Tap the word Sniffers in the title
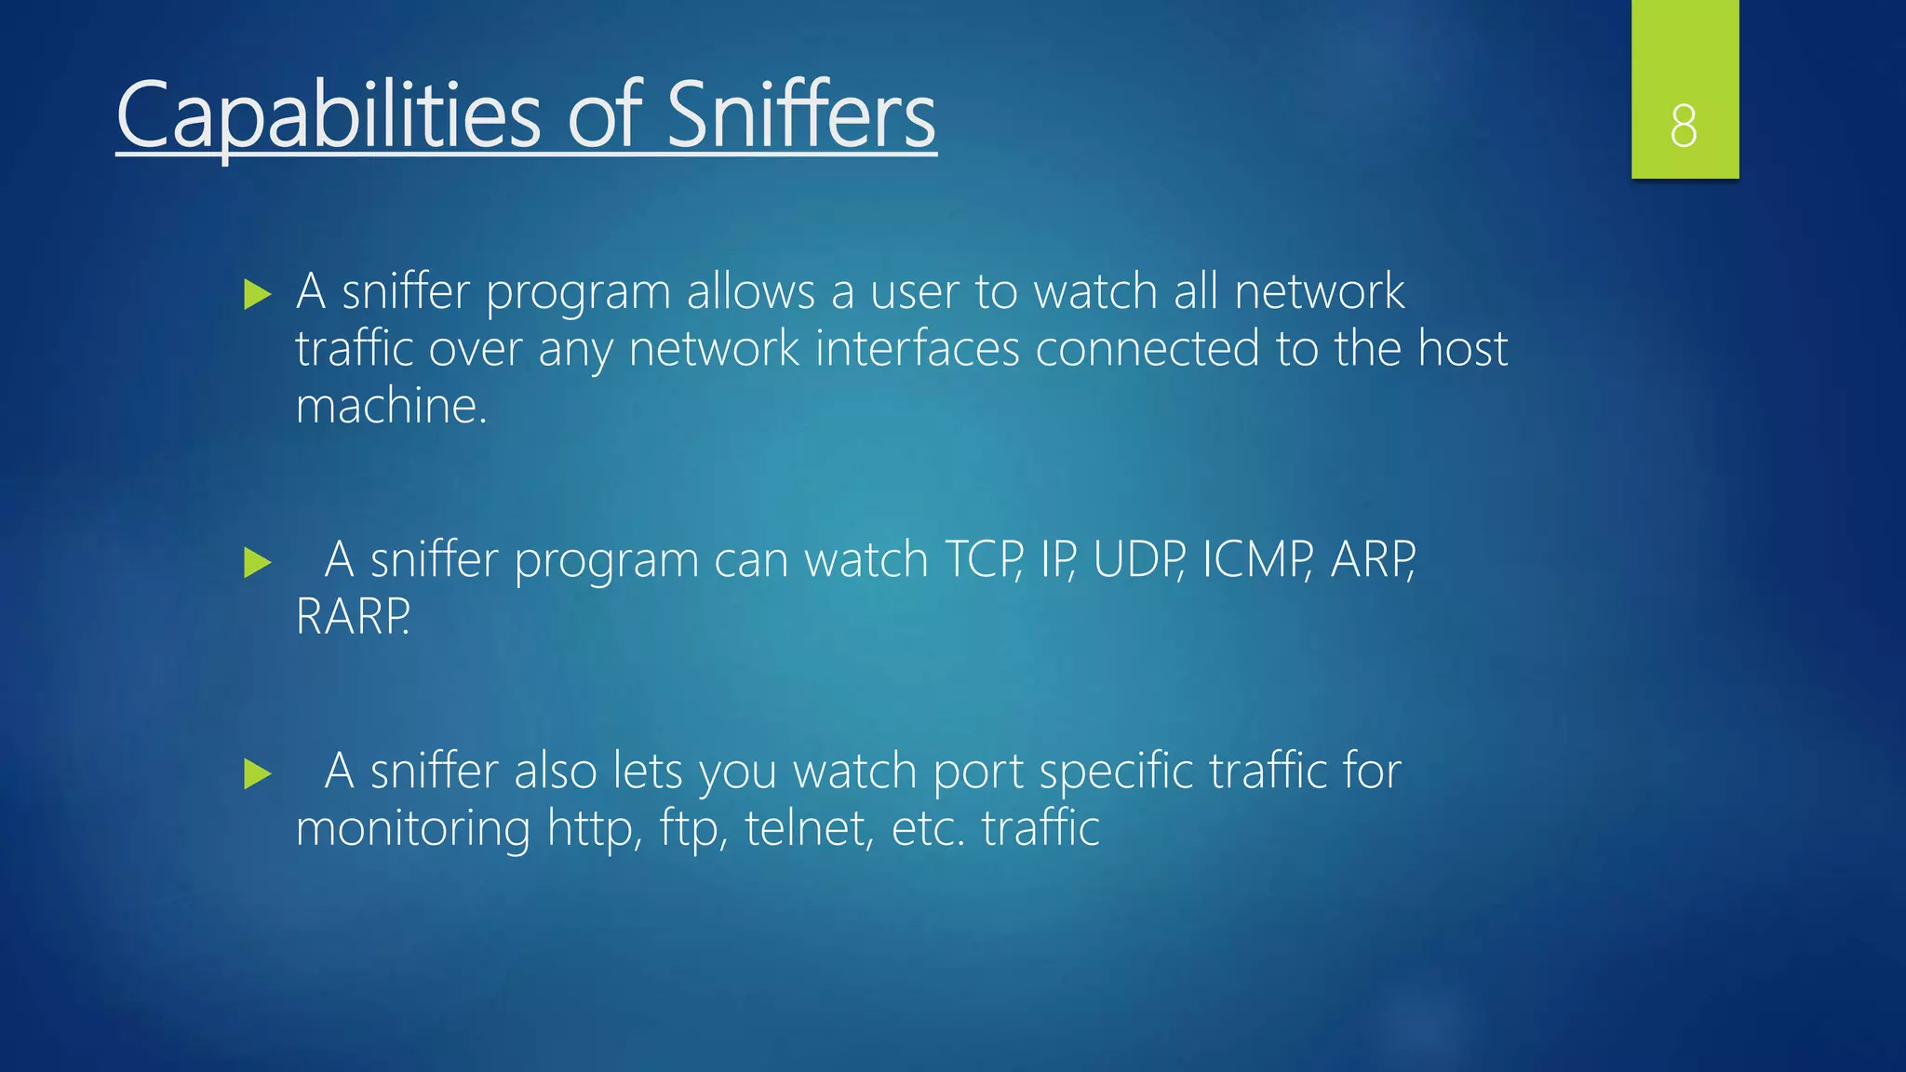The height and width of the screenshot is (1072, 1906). [x=800, y=115]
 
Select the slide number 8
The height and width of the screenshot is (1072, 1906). [x=1684, y=126]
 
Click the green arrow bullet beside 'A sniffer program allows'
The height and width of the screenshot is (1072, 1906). [x=257, y=295]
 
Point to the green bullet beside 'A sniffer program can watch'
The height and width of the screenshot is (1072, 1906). [x=257, y=562]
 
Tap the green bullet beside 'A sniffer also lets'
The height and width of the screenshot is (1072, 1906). [x=257, y=773]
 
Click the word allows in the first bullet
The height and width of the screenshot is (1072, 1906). [x=750, y=292]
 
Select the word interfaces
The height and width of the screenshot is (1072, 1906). [x=917, y=349]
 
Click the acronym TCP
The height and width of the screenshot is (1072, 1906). [x=983, y=560]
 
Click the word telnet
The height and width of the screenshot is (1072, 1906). [x=809, y=828]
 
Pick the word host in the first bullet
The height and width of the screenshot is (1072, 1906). [x=1462, y=349]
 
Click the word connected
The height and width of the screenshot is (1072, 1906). [x=1147, y=349]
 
